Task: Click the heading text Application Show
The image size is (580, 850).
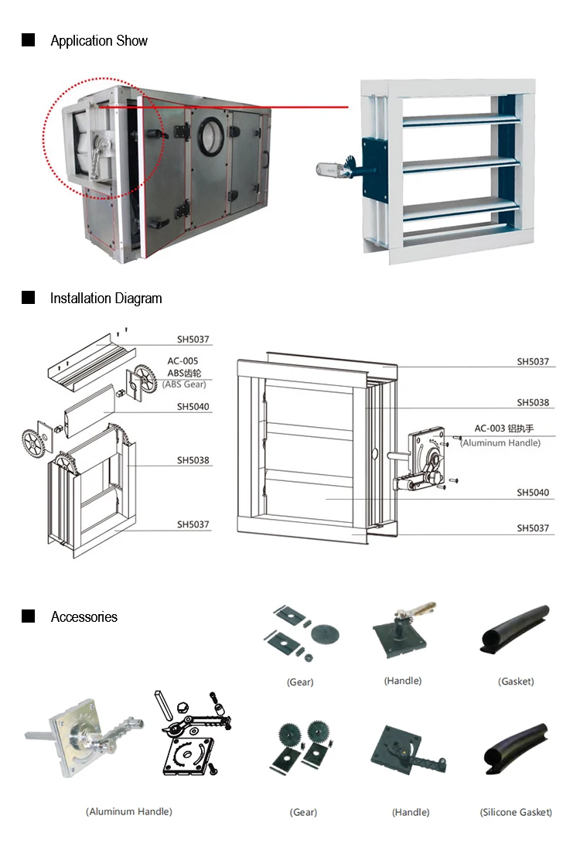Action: click(99, 41)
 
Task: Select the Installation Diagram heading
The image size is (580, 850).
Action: click(106, 299)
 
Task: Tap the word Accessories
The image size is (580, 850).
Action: click(84, 617)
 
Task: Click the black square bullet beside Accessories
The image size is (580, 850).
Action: click(29, 616)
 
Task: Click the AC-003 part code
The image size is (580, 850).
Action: click(490, 428)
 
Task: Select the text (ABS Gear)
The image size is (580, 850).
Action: click(184, 384)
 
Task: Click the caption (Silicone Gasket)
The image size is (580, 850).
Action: click(516, 812)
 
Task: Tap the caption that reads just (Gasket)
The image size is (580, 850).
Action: click(516, 681)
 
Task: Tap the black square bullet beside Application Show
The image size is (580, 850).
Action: click(29, 40)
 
